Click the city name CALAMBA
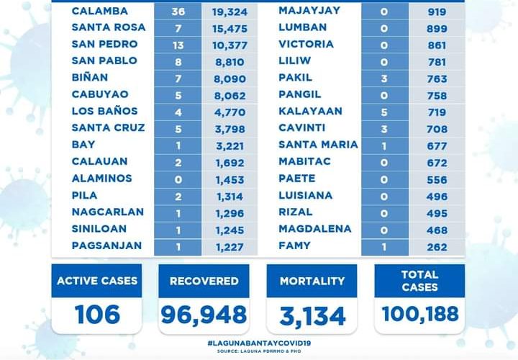[x=100, y=12]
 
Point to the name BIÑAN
[x=90, y=78]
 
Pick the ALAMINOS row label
[x=102, y=179]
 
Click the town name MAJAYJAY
[x=306, y=12]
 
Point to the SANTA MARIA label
[x=318, y=145]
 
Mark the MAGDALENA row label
[x=314, y=229]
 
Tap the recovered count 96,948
[x=204, y=315]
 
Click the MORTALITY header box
[x=312, y=281]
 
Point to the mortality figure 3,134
[x=312, y=315]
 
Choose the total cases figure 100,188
[x=419, y=315]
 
